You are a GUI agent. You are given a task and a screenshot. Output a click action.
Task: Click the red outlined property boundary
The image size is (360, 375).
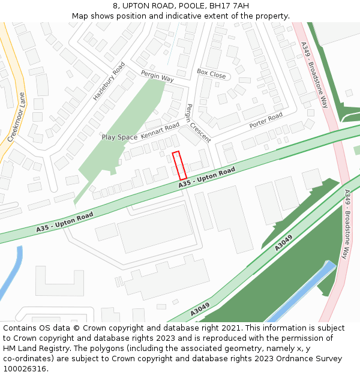pyautogui.click(x=179, y=166)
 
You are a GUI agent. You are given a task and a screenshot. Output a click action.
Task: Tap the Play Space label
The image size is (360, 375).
pyautogui.click(x=119, y=137)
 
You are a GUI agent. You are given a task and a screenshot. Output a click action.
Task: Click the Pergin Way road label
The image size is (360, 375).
pyautogui.click(x=157, y=76)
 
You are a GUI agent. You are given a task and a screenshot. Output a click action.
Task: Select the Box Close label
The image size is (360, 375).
pyautogui.click(x=211, y=74)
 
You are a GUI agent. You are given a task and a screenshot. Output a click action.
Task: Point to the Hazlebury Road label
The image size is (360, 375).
pyautogui.click(x=109, y=80)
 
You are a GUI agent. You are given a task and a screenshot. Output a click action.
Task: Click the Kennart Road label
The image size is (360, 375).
pyautogui.click(x=160, y=130)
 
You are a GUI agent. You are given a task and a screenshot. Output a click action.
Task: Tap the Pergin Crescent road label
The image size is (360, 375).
pyautogui.click(x=198, y=123)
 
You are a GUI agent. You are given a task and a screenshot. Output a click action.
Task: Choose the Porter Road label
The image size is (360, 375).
pyautogui.click(x=266, y=121)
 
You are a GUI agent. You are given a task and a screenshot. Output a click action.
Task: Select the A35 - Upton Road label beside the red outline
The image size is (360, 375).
pyautogui.click(x=206, y=179)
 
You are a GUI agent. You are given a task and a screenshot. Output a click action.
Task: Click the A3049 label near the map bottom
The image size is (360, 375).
pyautogui.click(x=200, y=310)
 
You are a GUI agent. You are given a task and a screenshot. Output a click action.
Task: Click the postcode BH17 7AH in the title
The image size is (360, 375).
pyautogui.click(x=229, y=6)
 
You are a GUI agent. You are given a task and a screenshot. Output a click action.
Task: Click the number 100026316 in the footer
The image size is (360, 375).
pyautogui.click(x=25, y=368)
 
